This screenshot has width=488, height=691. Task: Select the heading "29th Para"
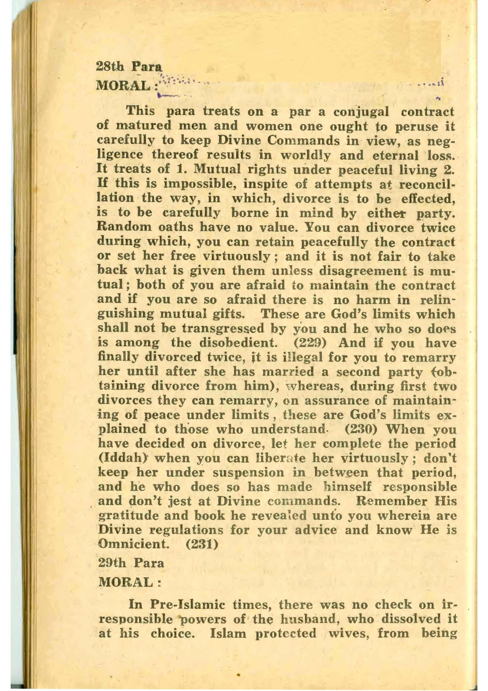[x=131, y=563]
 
